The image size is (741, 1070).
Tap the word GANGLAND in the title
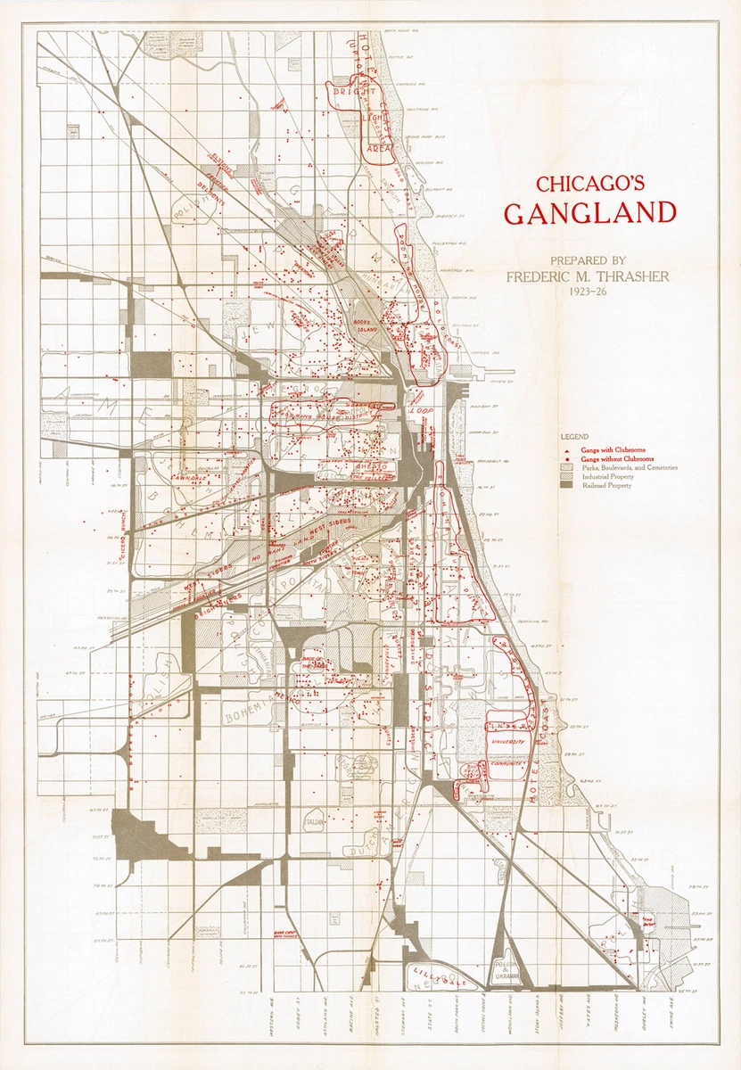[x=589, y=214]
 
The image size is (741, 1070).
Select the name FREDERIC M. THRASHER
[x=588, y=276]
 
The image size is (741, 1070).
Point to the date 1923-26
[x=588, y=291]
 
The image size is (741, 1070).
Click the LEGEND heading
[x=574, y=437]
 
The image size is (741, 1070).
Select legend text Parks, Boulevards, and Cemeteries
[x=630, y=467]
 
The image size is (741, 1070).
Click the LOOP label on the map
[x=421, y=410]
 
